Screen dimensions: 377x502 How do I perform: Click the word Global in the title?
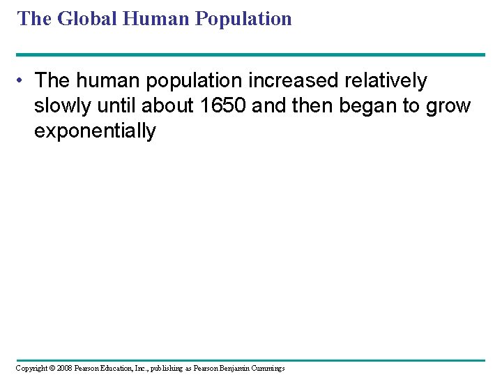pos(87,18)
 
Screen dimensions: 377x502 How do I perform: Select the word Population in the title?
pos(243,18)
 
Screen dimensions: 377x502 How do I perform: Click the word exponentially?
pos(95,131)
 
